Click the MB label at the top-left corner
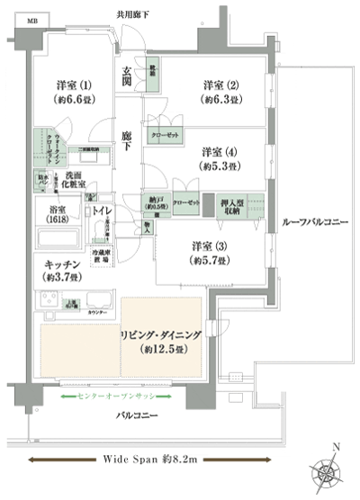click(32, 19)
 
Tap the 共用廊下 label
click(133, 14)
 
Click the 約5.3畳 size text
click(219, 166)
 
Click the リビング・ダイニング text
click(163, 335)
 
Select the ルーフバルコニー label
click(314, 222)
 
